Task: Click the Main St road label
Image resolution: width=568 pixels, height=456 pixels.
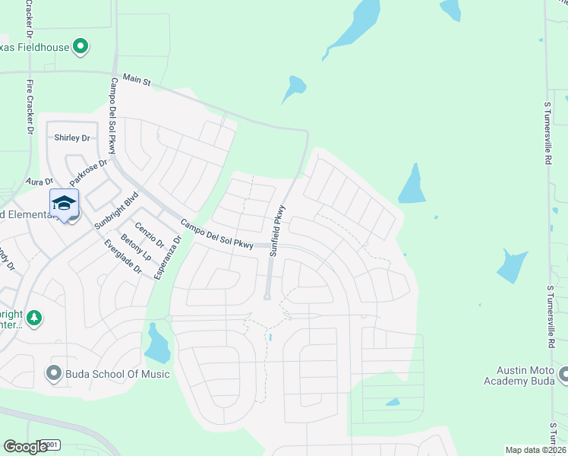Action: point(137,78)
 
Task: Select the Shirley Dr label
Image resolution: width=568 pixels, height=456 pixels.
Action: point(72,138)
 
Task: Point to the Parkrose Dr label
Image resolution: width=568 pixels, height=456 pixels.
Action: point(90,173)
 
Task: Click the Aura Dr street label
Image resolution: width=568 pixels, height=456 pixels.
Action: point(39,182)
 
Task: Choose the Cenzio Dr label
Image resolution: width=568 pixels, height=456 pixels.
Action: point(149,233)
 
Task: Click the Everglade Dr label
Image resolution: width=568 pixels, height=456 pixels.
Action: point(123,256)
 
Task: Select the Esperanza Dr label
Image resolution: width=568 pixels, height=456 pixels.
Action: point(168,257)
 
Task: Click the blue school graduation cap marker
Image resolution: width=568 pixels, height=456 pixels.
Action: point(65,203)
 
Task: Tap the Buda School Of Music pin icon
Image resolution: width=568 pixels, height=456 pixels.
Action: point(53,372)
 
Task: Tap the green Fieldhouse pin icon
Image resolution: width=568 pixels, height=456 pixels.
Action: point(80,47)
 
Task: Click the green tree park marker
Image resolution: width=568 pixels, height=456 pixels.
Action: point(33,317)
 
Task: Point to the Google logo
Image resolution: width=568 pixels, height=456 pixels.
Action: point(26,446)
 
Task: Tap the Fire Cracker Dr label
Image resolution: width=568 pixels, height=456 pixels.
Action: point(30,107)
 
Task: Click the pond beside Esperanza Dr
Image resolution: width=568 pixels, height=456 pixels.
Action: point(157,344)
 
